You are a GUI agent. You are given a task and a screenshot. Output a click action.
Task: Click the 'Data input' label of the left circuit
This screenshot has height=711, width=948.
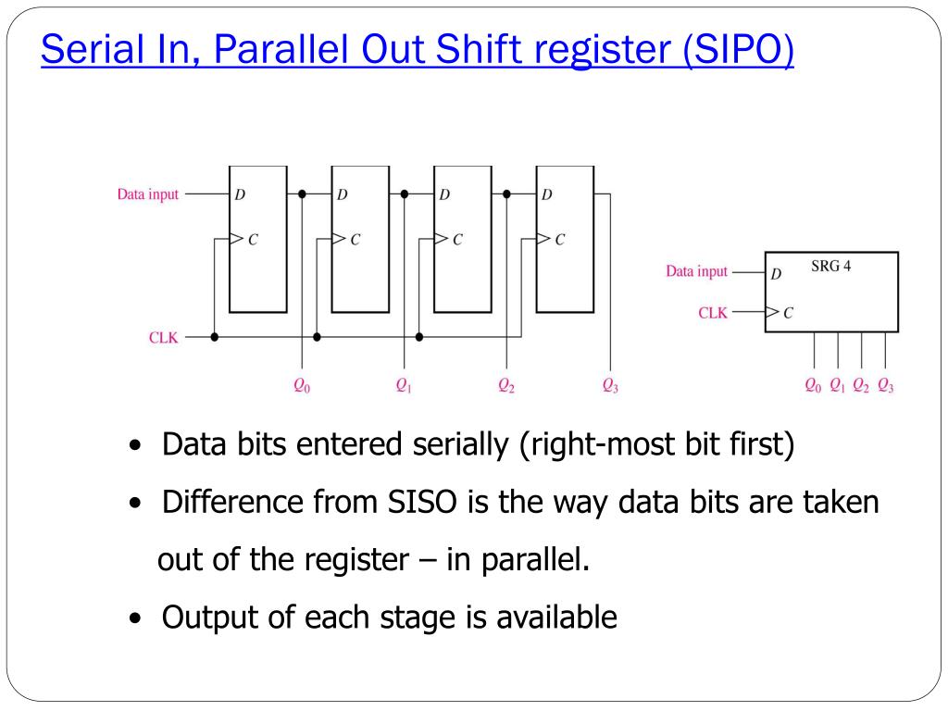(x=147, y=195)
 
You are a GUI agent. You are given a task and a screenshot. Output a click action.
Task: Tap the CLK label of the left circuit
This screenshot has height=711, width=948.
(x=164, y=338)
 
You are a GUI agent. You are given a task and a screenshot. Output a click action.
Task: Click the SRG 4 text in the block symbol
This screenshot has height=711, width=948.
(x=830, y=268)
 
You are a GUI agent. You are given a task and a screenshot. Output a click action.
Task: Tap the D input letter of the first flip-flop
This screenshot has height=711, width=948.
(x=240, y=195)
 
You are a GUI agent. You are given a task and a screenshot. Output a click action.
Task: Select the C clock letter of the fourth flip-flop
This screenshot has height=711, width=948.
(x=560, y=239)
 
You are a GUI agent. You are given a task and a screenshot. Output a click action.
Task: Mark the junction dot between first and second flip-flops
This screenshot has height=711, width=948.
(x=303, y=194)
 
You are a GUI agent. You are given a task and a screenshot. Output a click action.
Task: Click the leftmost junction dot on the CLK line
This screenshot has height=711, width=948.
(x=215, y=337)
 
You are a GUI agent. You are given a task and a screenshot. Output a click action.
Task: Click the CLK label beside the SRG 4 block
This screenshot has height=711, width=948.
(x=713, y=313)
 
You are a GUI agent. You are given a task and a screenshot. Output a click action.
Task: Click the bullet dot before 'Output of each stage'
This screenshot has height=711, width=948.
(x=136, y=618)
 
